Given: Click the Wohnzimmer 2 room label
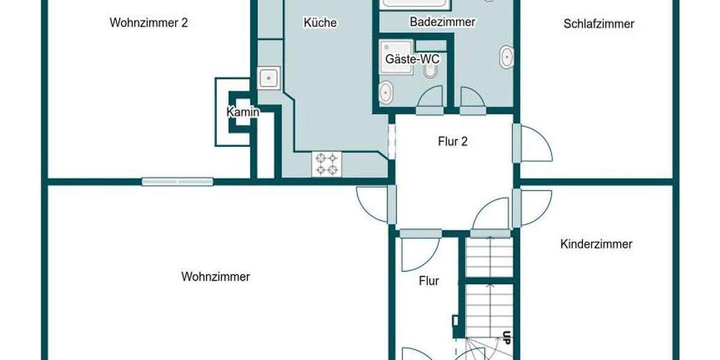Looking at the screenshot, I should pos(149,23).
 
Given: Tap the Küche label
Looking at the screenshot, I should pos(320,23).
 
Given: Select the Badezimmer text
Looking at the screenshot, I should pos(442,22).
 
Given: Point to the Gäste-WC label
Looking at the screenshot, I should pos(412,59).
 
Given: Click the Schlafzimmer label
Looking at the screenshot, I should pos(599,24).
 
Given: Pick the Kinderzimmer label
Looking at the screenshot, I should pos(596,244).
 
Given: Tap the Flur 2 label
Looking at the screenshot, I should pos(453,142).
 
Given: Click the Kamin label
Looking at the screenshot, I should pos(243,112).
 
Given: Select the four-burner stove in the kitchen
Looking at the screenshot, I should pos(326,164).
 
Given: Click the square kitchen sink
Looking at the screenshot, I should pos(269,78).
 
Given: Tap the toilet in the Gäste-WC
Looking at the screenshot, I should pos(430,73).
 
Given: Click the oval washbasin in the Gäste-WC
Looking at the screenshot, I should pos(386,92).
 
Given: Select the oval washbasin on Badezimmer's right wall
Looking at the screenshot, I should pos(507,58).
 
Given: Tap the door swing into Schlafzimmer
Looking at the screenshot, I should pos(535,144).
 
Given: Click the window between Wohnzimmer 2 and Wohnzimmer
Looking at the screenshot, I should pos(178,181).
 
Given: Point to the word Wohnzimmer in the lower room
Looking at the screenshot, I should pos(215,277).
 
